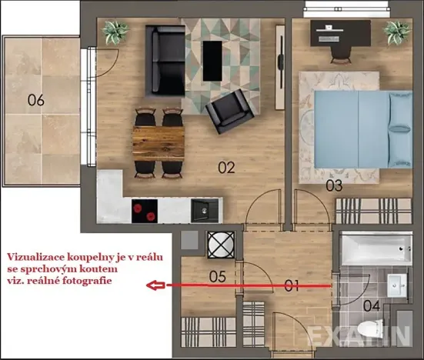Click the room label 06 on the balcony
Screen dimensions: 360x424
(x=35, y=100)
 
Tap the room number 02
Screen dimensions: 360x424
(x=225, y=165)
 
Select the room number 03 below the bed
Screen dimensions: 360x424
(x=333, y=186)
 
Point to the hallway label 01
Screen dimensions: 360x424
(x=291, y=286)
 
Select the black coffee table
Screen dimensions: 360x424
(x=212, y=60)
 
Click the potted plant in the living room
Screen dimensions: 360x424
(x=117, y=32)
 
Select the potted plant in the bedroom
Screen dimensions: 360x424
(x=397, y=32)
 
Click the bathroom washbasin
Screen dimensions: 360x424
(x=398, y=283)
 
